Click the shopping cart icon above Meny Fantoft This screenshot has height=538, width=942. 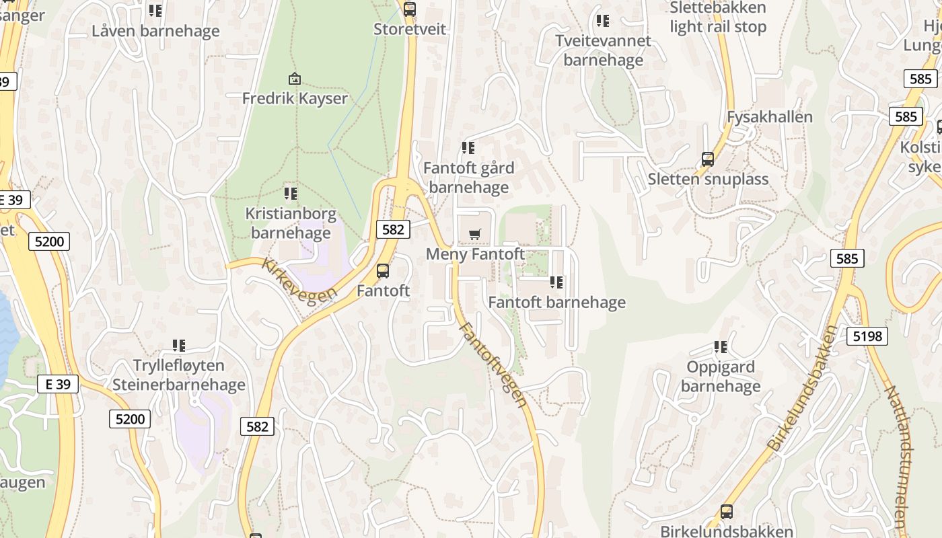tap(475, 234)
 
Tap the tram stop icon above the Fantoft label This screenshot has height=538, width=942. tap(383, 271)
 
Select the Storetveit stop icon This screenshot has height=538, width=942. tap(409, 9)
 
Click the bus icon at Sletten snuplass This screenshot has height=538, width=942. tap(708, 159)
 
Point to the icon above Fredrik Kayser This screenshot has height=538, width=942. tap(294, 79)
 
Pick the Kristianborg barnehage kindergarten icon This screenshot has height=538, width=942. tap(291, 194)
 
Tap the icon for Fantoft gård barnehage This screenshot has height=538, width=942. tap(468, 148)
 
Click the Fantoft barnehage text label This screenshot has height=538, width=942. tap(556, 303)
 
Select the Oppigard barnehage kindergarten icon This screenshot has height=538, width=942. tap(721, 347)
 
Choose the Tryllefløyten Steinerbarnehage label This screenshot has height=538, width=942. tap(179, 375)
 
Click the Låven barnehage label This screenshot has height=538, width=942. tap(155, 31)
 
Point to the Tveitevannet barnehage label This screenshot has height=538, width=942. tap(604, 50)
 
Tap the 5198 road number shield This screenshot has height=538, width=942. tap(867, 336)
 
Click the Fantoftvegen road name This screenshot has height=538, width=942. tap(493, 364)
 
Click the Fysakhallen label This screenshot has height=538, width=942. tap(770, 117)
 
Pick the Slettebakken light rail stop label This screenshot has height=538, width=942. tap(718, 17)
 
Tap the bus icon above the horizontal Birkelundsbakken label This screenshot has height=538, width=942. tap(727, 511)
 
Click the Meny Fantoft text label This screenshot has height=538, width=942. tap(475, 254)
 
